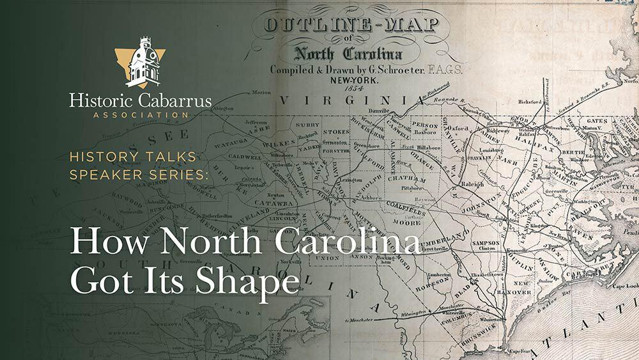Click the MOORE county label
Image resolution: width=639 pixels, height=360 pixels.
click(406, 222)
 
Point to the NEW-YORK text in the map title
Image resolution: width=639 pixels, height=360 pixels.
click(353, 81)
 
